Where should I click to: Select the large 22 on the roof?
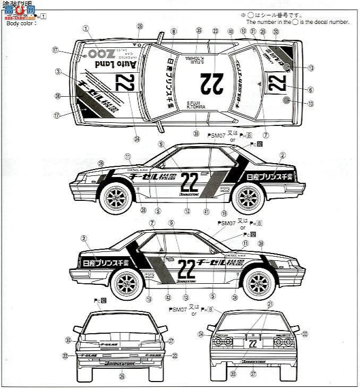pos(212,82)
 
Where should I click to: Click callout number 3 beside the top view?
pos(57,71)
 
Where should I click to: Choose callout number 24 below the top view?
pos(137,140)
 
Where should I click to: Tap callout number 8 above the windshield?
pos(173,32)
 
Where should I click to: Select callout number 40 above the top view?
pos(230,32)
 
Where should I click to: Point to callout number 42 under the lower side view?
pos(168,298)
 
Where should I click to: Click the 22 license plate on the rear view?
pos(253,343)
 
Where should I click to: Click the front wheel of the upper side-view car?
pos(115,198)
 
